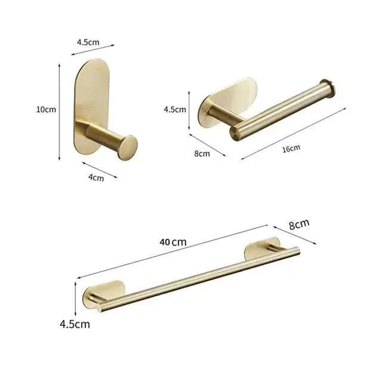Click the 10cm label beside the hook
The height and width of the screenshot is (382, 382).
tap(46, 109)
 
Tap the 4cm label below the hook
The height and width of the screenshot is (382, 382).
tap(96, 177)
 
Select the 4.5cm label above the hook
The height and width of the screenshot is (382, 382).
tap(88, 42)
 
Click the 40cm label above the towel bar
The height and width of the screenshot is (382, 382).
tap(173, 242)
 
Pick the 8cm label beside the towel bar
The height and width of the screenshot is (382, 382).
tap(299, 224)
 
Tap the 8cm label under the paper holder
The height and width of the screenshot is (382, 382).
tap(202, 153)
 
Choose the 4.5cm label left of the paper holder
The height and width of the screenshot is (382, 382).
tap(175, 109)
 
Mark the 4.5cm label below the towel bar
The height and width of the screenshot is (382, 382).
tap(75, 324)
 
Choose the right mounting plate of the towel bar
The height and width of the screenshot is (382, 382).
tap(263, 249)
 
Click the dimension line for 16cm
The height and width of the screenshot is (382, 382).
tap(294, 134)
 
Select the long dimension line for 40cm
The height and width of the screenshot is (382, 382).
tap(173, 251)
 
